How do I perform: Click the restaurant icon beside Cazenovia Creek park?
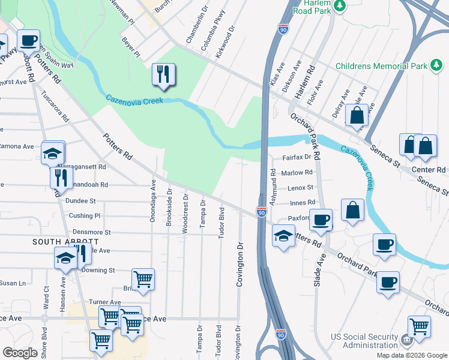(163, 74)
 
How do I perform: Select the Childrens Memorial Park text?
(381, 66)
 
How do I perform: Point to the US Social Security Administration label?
(366, 341)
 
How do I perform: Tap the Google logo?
(20, 353)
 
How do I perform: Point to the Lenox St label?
(301, 188)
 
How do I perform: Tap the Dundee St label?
(81, 200)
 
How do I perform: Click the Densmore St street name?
(91, 232)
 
